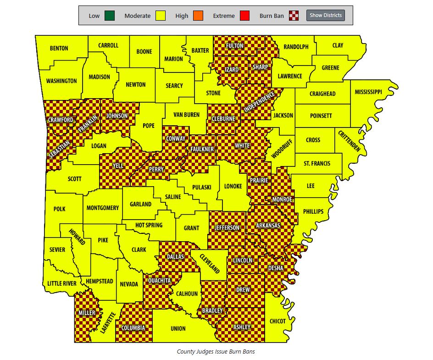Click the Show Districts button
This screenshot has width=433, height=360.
click(x=325, y=15)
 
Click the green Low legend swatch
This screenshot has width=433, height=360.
click(x=109, y=16)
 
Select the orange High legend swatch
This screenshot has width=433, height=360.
click(x=198, y=16)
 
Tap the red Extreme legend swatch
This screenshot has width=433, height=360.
click(x=244, y=16)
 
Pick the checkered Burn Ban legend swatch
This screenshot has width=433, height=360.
click(x=294, y=16)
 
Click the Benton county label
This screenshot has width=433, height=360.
click(x=59, y=48)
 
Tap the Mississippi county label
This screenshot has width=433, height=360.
click(x=368, y=92)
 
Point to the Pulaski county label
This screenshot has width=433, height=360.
click(x=202, y=187)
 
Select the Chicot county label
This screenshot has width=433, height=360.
click(x=278, y=321)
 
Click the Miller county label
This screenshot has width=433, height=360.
click(x=87, y=313)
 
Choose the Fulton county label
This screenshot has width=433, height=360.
click(x=234, y=46)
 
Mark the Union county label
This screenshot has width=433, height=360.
click(x=178, y=328)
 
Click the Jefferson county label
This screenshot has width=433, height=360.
click(x=227, y=227)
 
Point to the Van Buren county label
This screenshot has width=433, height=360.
click(x=186, y=115)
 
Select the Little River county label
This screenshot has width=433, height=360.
click(x=62, y=283)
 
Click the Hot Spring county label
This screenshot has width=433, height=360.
click(x=149, y=225)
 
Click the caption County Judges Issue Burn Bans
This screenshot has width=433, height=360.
click(x=216, y=352)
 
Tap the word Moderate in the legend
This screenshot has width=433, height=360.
click(x=137, y=16)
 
